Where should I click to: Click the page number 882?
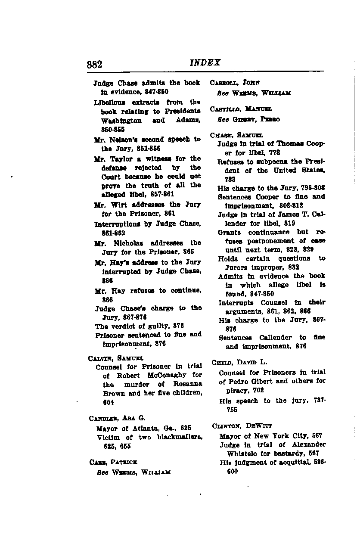coord(94,65)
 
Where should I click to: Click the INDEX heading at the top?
coord(205,62)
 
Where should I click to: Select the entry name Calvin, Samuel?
coord(115,358)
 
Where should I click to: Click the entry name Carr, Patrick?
coord(113,462)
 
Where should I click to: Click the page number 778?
coord(274,152)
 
